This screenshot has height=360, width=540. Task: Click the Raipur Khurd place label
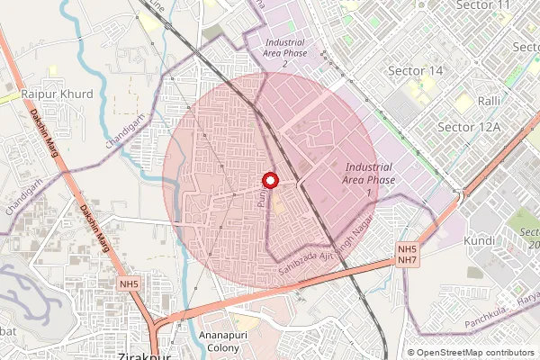coord(57,93)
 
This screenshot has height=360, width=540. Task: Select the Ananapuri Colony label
coord(218,341)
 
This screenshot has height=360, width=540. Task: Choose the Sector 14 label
coord(415,70)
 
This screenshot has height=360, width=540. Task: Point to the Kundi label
coord(479,241)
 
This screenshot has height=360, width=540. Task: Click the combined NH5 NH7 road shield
coord(408,254)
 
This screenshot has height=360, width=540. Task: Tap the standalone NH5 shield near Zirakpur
coord(130,284)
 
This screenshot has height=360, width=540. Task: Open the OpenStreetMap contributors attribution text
coord(475,353)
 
